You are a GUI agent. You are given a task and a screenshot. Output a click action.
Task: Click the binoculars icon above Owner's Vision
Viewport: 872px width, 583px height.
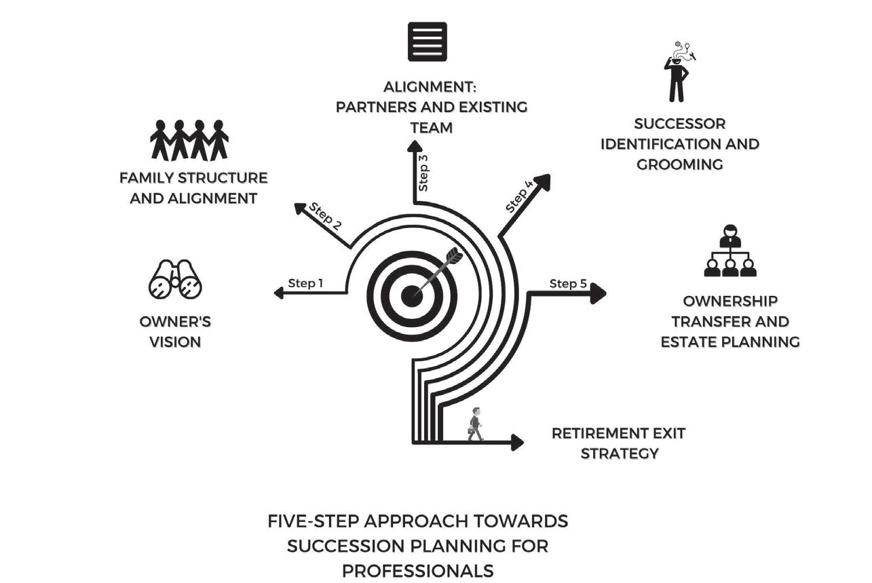point(175,280)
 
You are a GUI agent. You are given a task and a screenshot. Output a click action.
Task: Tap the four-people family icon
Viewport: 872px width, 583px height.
point(189,140)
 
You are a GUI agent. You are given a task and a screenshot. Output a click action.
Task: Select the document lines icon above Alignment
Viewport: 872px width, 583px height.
point(428,41)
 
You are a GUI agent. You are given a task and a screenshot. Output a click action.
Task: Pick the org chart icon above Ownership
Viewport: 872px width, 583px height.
point(730,251)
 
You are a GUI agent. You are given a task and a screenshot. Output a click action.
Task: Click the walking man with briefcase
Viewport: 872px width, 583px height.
point(476,424)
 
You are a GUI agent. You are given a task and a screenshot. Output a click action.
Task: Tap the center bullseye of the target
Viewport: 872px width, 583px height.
point(412,295)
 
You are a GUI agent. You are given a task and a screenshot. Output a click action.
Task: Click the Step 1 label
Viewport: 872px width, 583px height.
point(305,283)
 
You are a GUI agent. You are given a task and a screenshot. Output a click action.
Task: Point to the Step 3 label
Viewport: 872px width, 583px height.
point(423,172)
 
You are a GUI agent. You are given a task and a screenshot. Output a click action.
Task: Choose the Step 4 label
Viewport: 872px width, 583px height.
point(519,196)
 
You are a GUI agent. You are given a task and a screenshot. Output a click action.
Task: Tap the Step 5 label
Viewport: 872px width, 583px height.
point(568,284)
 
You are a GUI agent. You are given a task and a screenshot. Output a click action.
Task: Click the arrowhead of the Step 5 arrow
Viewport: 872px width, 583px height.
point(598,294)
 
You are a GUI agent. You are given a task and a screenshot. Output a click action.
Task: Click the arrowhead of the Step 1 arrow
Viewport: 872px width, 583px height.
point(278,293)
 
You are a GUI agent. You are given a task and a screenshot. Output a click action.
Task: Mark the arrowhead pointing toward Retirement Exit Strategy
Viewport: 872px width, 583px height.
point(517,443)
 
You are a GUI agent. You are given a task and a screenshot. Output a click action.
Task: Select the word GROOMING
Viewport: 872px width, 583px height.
point(679,164)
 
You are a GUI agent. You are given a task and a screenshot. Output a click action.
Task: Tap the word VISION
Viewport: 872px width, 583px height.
point(175,341)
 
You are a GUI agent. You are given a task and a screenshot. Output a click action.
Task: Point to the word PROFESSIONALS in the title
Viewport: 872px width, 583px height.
point(417,571)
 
